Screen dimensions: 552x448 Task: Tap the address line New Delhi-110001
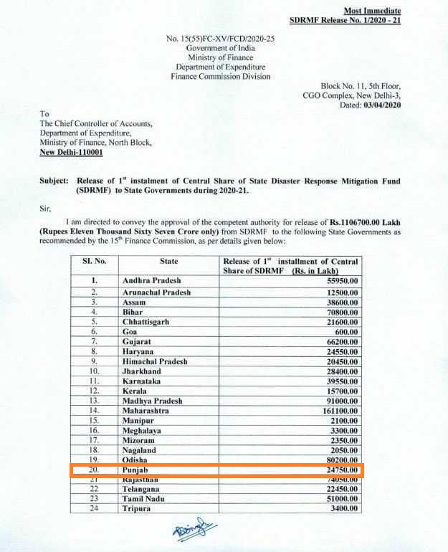point(71,153)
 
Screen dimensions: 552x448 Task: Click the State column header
point(169,262)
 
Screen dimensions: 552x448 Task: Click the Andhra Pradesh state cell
point(151,280)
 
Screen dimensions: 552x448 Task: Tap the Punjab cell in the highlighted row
point(136,470)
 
